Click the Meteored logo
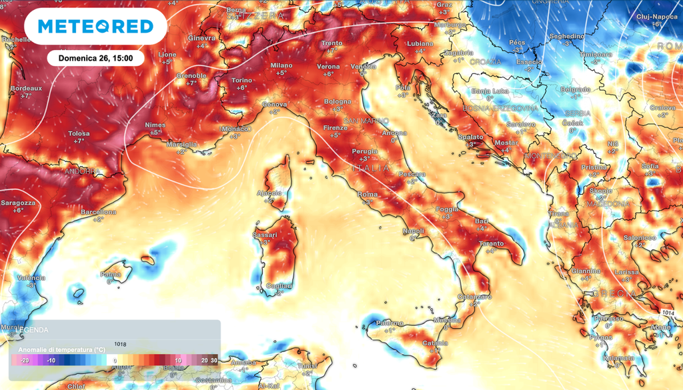[x=95, y=27]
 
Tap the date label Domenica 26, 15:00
[x=95, y=58]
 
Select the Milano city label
[x=281, y=65]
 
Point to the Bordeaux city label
[x=26, y=88]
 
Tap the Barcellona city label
[x=98, y=212]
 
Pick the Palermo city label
[x=390, y=323]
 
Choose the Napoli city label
[x=414, y=231]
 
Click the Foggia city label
[x=448, y=209]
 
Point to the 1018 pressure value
[x=120, y=345]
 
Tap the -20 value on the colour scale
[x=24, y=361]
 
